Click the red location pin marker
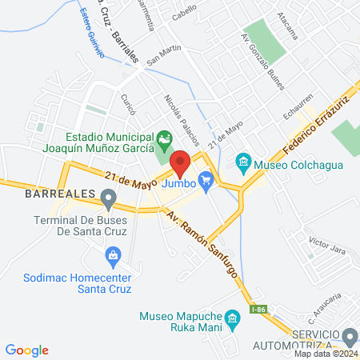click(x=181, y=163)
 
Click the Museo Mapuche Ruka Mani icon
click(x=233, y=319)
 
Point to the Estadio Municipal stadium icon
click(x=164, y=141)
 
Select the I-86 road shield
click(x=258, y=310)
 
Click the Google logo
click(x=27, y=350)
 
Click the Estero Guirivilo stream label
click(x=94, y=33)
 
